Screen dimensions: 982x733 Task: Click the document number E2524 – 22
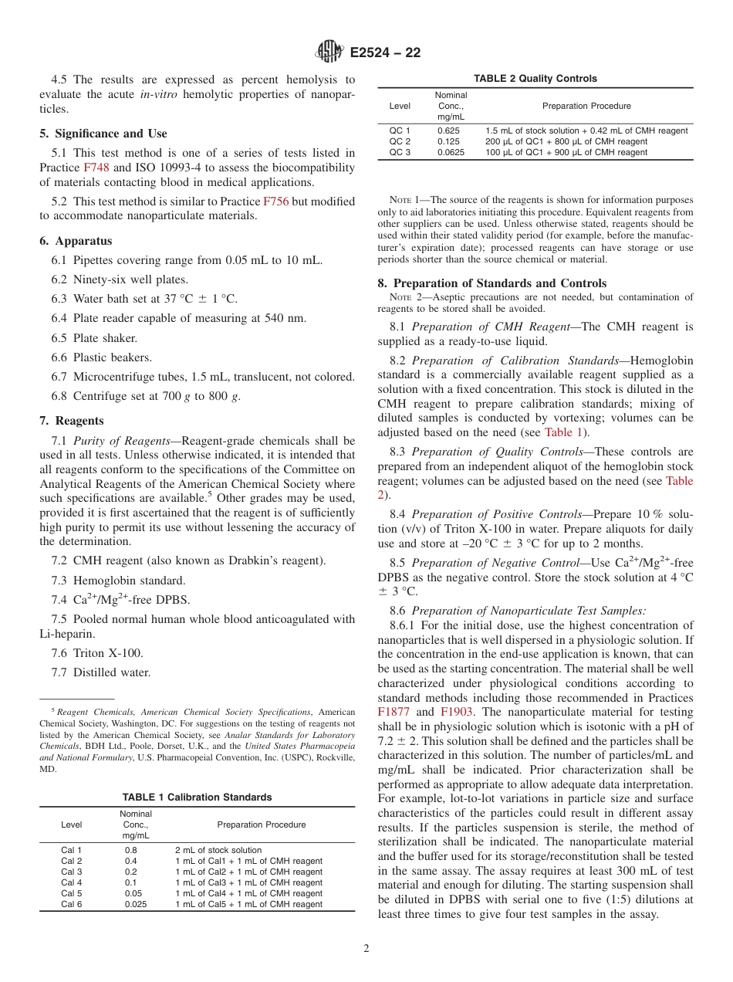click(385, 53)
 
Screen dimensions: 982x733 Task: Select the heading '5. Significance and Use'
click(103, 134)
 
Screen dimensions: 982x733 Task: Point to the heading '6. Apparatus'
click(76, 241)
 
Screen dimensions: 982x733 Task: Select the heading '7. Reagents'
click(72, 421)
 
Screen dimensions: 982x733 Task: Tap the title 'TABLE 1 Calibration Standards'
click(197, 797)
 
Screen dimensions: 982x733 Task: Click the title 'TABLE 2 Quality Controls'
click(535, 79)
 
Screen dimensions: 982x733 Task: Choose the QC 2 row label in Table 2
click(400, 141)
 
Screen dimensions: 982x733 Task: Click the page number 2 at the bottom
click(366, 949)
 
